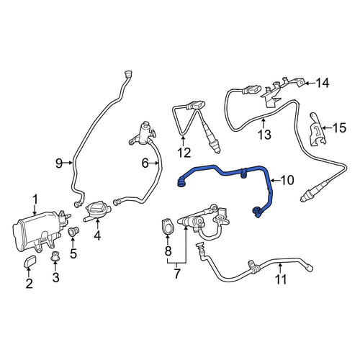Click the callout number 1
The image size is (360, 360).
35,199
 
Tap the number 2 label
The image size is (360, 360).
29,284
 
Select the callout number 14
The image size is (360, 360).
322,84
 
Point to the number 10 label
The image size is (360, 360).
287,180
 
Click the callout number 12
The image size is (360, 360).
184,153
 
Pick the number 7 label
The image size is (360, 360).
177,274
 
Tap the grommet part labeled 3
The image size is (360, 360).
55,256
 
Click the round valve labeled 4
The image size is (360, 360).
97,208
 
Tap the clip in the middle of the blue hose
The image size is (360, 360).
243,174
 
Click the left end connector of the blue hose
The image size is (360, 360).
181,182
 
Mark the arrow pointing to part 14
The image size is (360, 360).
310,84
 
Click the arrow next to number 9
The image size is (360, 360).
68,163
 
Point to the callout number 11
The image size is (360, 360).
281,279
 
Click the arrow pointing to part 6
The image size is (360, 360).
154,163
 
